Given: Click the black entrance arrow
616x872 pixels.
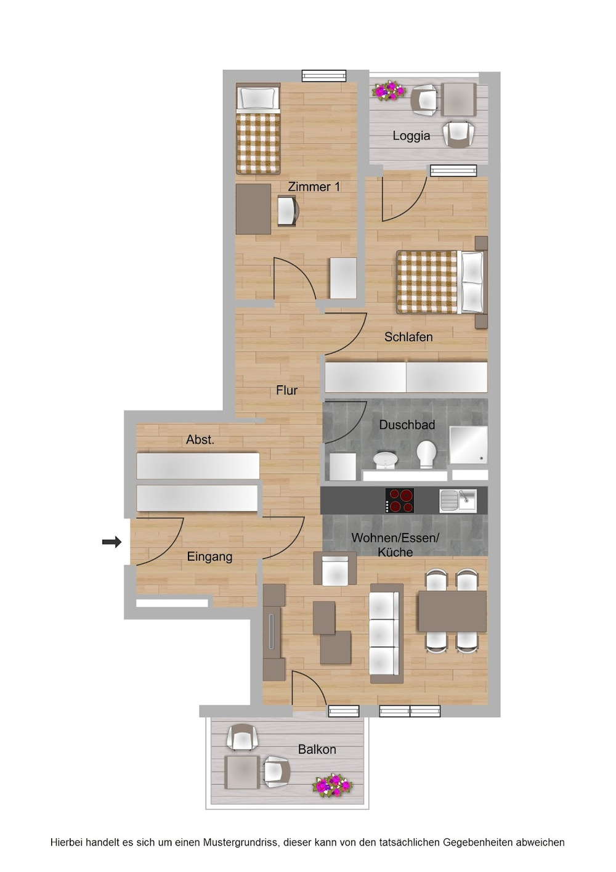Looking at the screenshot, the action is point(111,542).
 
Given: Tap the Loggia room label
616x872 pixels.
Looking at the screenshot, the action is point(411,136).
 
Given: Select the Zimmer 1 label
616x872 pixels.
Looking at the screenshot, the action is point(314,187).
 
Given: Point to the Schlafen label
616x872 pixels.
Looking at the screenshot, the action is point(408,336).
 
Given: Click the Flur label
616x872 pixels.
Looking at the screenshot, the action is point(287,390).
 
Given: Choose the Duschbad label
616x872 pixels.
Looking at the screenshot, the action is point(407,425).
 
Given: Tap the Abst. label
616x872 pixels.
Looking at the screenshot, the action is point(200,440).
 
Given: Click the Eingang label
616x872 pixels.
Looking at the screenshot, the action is point(209,557).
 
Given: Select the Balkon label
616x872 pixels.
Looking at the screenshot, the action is point(317,749).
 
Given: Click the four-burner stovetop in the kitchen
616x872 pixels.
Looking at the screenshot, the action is point(400,500).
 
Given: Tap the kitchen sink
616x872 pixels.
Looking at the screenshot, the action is point(458,500).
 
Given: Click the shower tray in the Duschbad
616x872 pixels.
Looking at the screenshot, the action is point(469,445).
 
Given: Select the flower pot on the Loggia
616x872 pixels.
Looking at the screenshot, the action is point(388,91).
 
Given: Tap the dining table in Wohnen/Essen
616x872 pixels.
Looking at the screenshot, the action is point(452,611).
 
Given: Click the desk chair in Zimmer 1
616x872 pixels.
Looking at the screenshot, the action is point(287,211).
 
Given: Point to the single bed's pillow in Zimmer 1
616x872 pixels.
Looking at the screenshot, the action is point(257,98).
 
